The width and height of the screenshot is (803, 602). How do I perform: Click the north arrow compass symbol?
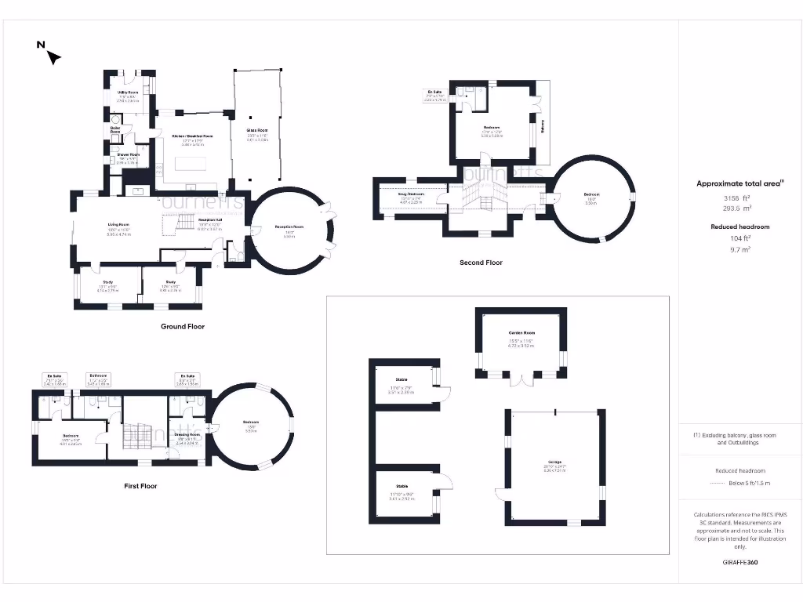coord(53,56)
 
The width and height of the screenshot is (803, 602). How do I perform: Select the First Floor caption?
coord(140,486)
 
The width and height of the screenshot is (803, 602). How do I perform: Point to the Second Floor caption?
coord(481,263)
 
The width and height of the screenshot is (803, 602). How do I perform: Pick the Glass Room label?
coord(257,131)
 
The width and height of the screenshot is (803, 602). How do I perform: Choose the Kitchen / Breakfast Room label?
coord(192,136)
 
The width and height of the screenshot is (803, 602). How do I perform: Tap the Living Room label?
coord(118,224)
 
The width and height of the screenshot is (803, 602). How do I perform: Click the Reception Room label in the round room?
coord(289,227)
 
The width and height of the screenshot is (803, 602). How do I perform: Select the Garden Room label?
coord(521,332)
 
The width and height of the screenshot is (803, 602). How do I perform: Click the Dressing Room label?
coord(187,434)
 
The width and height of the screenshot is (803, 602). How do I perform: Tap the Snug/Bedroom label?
coord(411,193)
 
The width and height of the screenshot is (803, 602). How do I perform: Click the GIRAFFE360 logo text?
coord(740,562)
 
